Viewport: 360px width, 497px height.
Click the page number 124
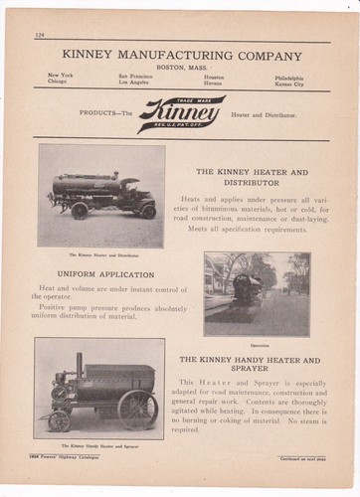tap(40, 36)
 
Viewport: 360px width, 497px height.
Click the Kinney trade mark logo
tap(181, 114)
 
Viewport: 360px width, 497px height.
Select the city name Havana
tap(214, 83)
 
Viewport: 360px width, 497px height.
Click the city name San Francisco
tap(136, 77)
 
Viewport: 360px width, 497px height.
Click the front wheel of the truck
tap(147, 211)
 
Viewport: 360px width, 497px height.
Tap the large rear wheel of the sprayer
tap(137, 408)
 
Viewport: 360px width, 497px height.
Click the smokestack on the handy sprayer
tap(79, 364)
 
